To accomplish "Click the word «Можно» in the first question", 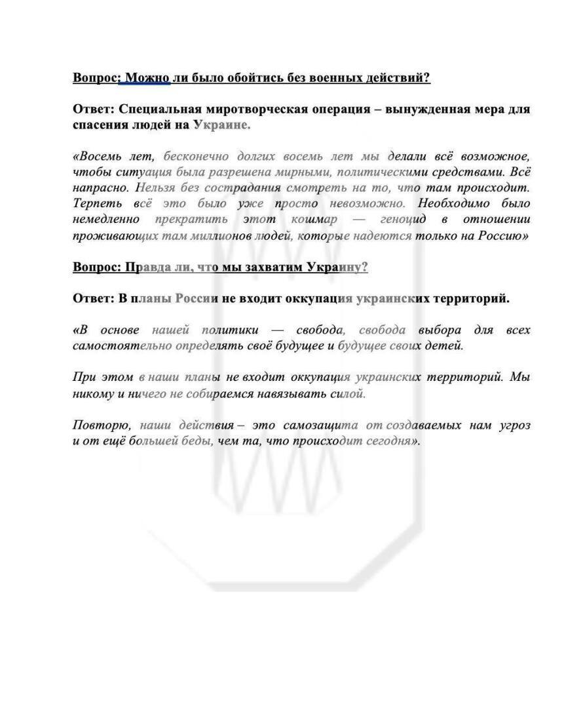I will pos(147,78).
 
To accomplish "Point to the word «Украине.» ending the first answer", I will pos(222,124).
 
